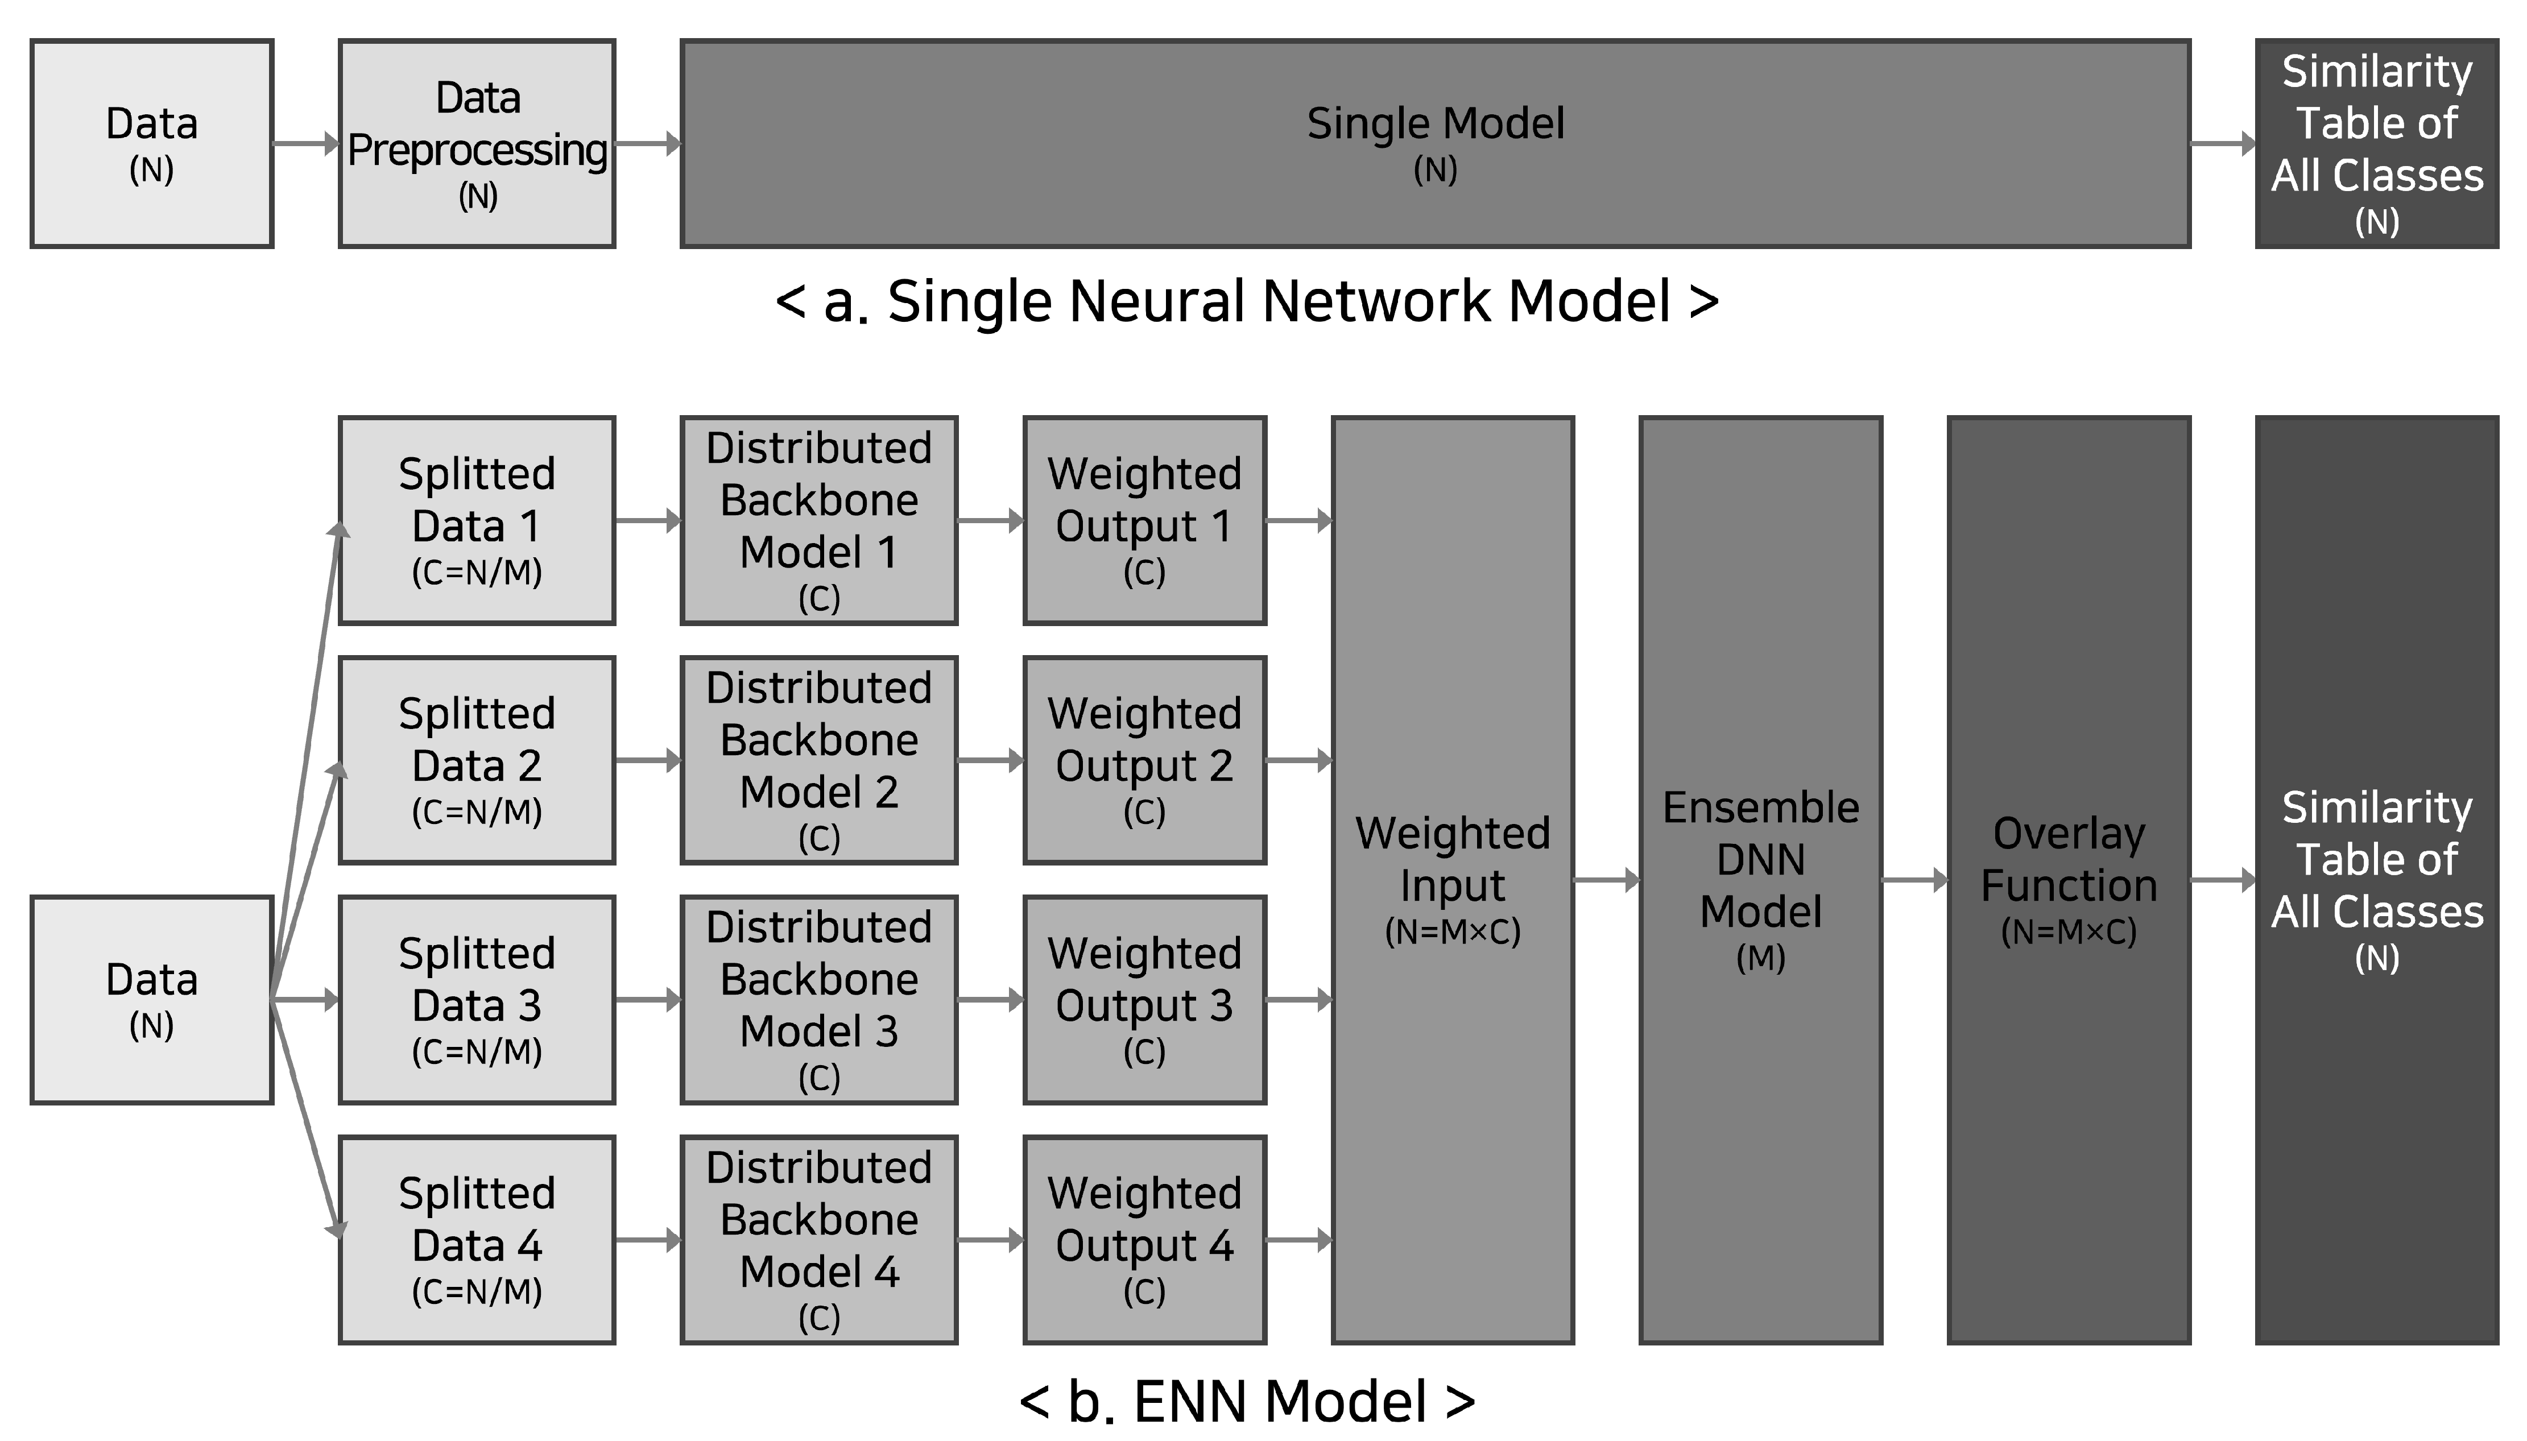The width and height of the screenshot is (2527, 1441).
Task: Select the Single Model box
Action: point(1435,143)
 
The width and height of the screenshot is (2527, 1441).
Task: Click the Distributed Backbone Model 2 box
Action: point(818,760)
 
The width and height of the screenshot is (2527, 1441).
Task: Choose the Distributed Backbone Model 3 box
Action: point(818,1000)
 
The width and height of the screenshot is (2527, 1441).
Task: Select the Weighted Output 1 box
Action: point(1144,520)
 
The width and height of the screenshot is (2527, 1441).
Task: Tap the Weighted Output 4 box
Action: point(1144,1240)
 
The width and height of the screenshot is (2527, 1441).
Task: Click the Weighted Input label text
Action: point(1452,859)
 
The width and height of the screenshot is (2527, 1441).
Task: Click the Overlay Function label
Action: point(2069,859)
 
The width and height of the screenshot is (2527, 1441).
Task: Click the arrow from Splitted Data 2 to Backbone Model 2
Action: point(647,760)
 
